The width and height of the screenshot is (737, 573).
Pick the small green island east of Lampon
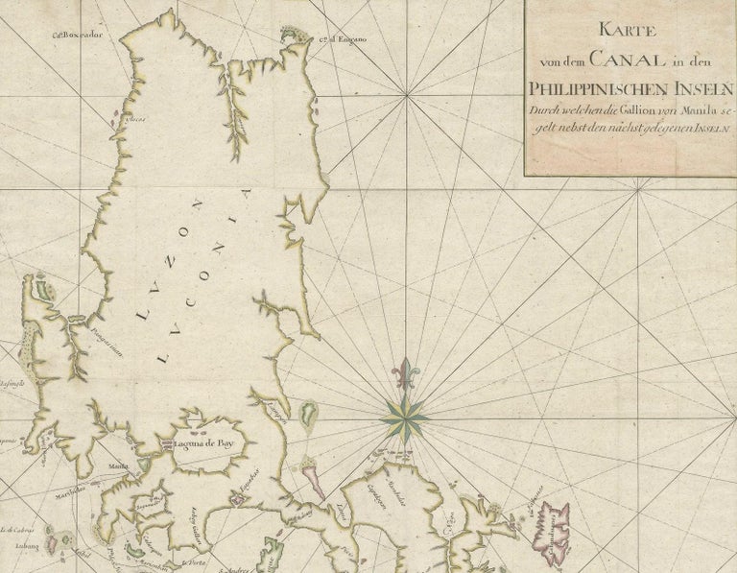pos(309,414)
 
